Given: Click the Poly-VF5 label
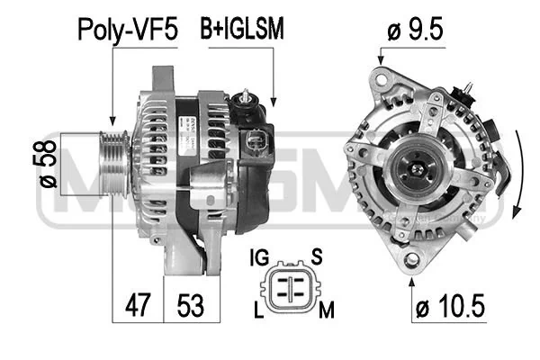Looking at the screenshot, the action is [128, 30].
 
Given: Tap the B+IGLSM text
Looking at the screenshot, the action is [242, 29].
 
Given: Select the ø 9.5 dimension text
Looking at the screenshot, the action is [415, 30].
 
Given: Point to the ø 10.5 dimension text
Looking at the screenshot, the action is [451, 306].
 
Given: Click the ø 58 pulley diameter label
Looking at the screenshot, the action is [48, 164].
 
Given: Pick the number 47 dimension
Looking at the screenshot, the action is [138, 305].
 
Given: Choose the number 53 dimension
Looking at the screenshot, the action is [191, 306].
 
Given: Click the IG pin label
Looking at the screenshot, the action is [259, 257].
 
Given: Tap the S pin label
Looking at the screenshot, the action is [317, 256].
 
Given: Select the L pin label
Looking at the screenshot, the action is [258, 310].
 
